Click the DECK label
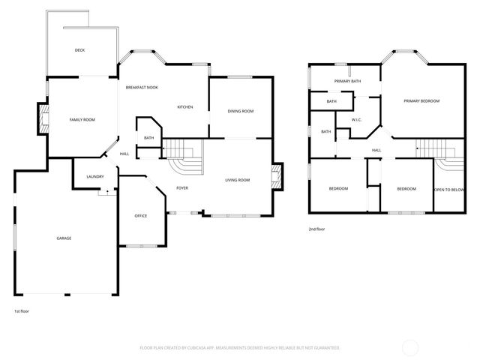coord(79,50)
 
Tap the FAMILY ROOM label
coord(82,119)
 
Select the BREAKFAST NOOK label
coord(142,88)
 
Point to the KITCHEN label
coord(184,107)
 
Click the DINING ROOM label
coord(241,111)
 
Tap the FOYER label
coord(182,187)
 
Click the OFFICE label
coord(140,216)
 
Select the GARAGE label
coord(64,238)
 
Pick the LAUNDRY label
coord(94,176)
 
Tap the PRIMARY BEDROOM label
coord(421,100)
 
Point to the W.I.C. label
coord(357,120)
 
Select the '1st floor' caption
coord(22,310)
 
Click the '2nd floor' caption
coord(316,229)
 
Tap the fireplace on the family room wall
coord(43,118)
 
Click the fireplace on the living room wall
coord(277,178)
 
